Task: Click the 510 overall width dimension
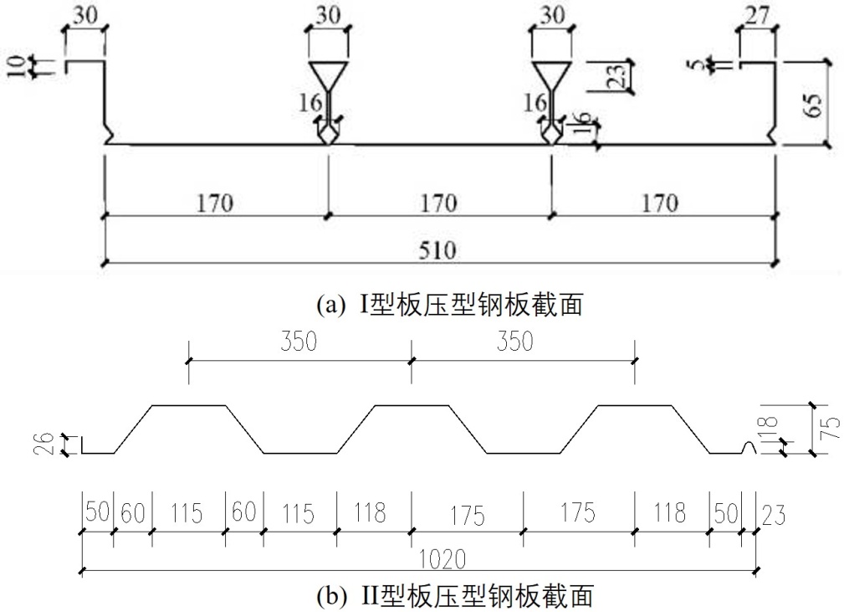tap(438, 249)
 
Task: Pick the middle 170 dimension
tap(438, 202)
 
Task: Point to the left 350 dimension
tap(299, 343)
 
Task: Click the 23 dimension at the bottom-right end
tap(772, 512)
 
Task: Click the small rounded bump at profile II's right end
tap(749, 449)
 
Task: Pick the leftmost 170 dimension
tap(215, 202)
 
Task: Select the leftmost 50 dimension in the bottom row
tap(97, 511)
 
